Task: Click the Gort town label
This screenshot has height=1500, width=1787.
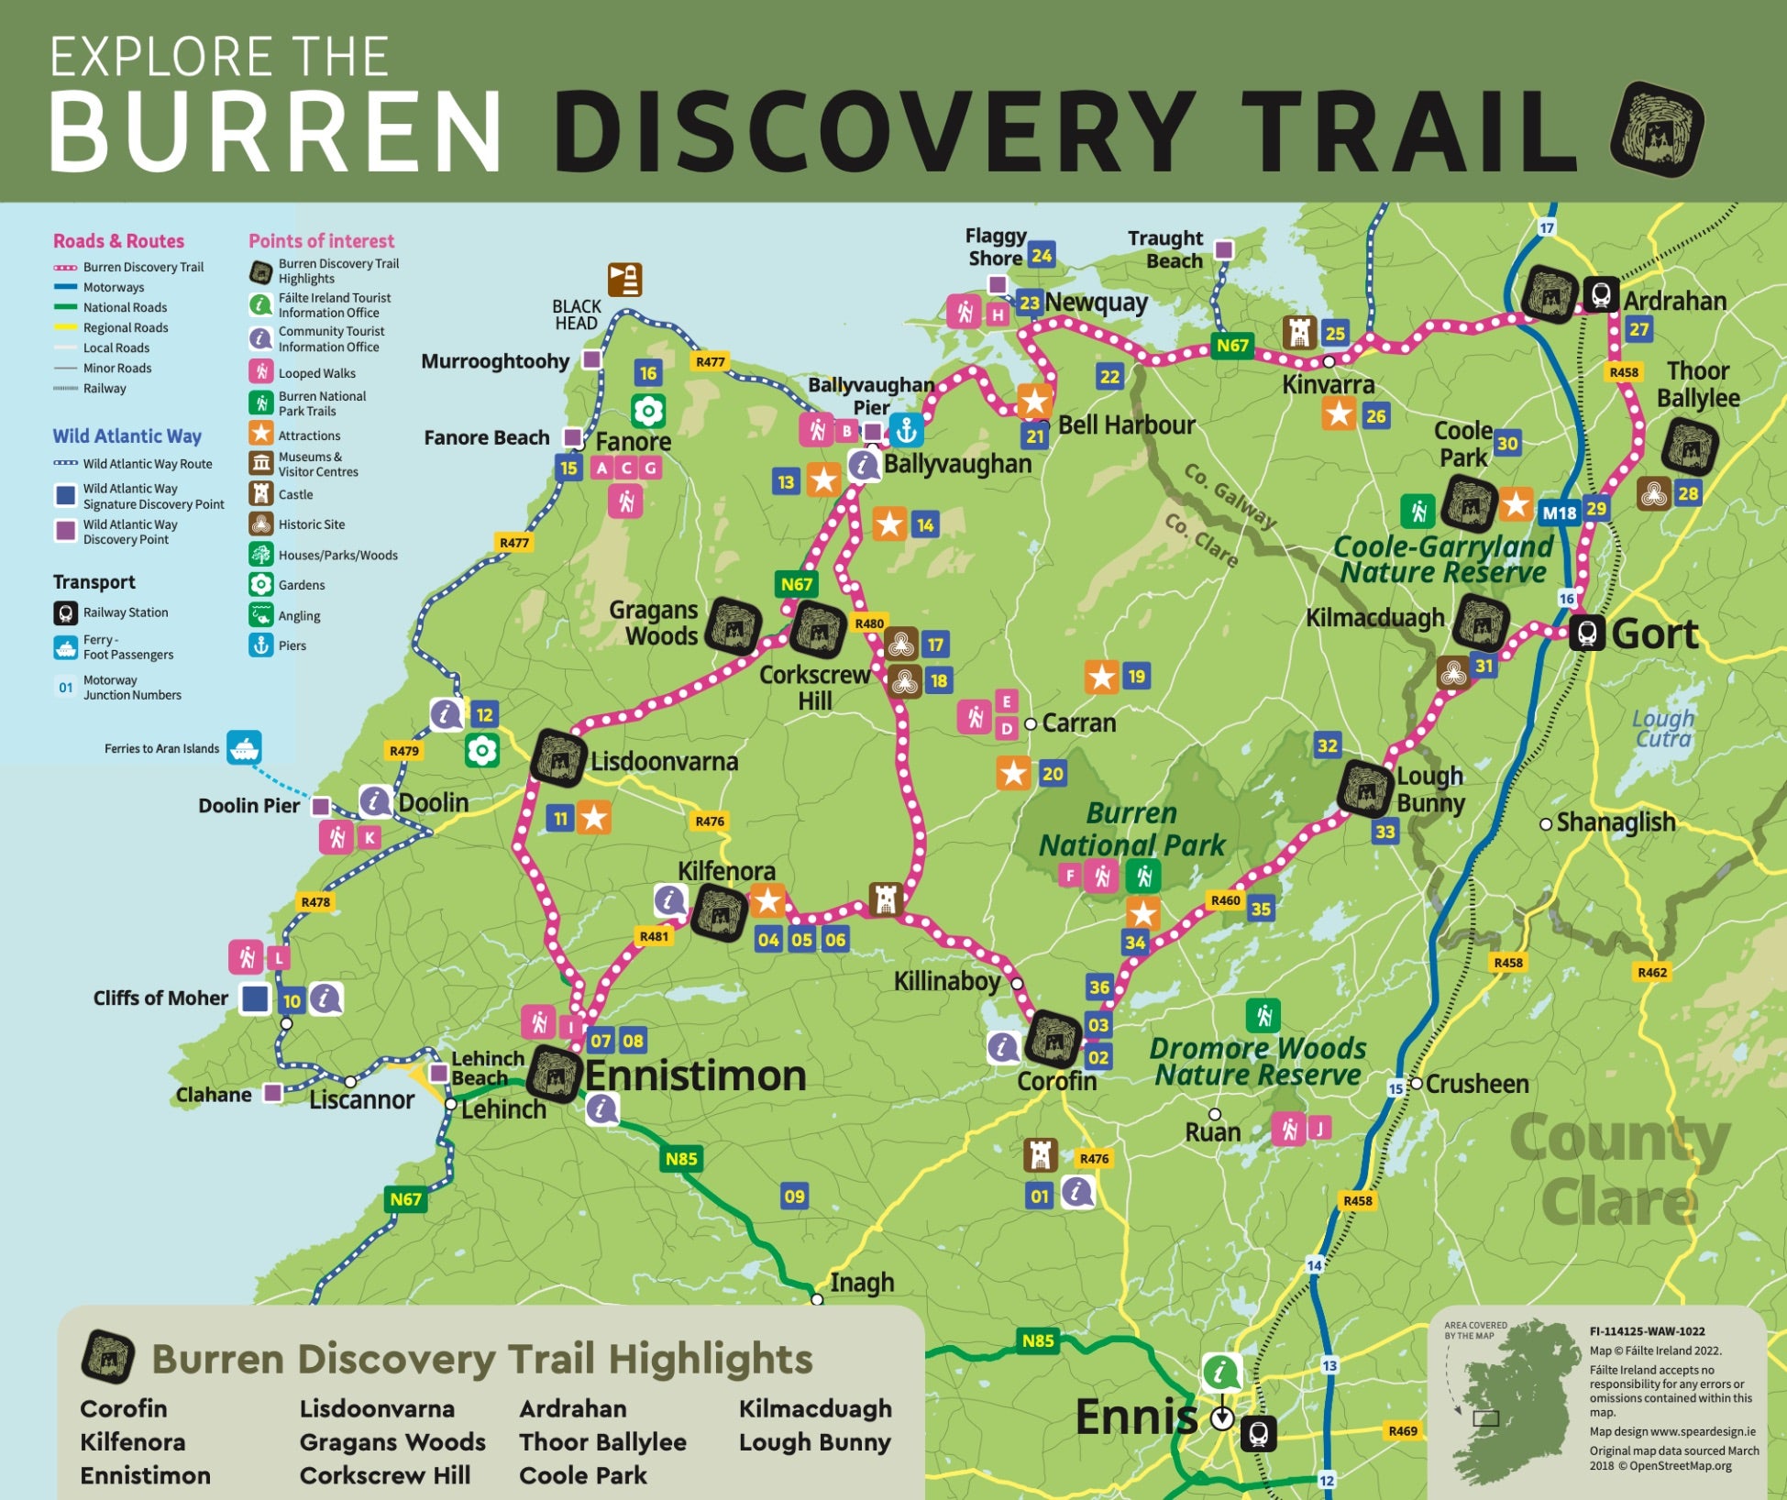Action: (1654, 634)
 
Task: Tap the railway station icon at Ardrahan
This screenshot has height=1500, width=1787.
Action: (1601, 294)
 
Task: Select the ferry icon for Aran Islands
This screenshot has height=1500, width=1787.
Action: (244, 747)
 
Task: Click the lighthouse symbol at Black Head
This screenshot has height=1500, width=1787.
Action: (624, 279)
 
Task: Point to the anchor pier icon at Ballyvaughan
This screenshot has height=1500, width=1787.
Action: (906, 429)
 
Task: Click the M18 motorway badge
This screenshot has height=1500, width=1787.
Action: (1559, 513)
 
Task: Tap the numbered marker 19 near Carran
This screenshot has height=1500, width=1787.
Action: (1136, 677)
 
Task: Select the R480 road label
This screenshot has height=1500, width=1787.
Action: (868, 623)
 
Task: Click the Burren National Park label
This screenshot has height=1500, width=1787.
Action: (1131, 829)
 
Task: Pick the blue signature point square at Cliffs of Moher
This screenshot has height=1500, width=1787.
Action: (255, 998)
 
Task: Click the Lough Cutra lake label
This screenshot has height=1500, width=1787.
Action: (1662, 729)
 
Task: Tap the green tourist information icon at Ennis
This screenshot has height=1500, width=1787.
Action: (1221, 1373)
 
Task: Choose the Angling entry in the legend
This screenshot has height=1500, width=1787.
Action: (299, 615)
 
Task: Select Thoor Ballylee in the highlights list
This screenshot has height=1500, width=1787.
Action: (602, 1441)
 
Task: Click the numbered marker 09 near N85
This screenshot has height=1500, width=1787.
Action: (794, 1196)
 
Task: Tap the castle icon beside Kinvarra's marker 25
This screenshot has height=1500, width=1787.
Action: (1298, 332)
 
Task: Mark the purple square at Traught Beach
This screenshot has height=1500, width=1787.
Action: (1223, 249)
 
